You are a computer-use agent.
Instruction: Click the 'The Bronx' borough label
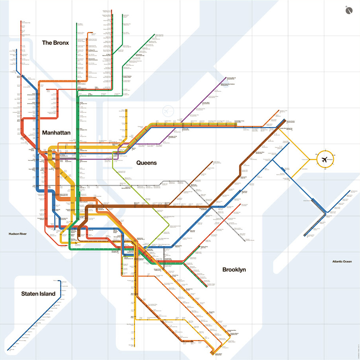tap(55, 43)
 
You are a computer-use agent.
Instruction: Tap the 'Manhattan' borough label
tap(56, 133)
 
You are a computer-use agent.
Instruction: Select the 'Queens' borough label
tap(146, 163)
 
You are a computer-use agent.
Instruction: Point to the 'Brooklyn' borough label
tap(234, 270)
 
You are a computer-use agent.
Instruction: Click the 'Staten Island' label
tap(38, 294)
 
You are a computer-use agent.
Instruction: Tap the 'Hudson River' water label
tap(18, 234)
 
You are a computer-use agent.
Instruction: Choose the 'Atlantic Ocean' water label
tap(342, 261)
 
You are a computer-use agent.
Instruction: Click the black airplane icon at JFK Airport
tap(325, 160)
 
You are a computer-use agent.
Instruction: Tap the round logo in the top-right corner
tap(349, 10)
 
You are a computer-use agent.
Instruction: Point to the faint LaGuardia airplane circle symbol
tap(168, 110)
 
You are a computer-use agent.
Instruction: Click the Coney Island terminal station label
tap(218, 354)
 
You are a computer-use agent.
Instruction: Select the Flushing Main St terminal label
tap(231, 78)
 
